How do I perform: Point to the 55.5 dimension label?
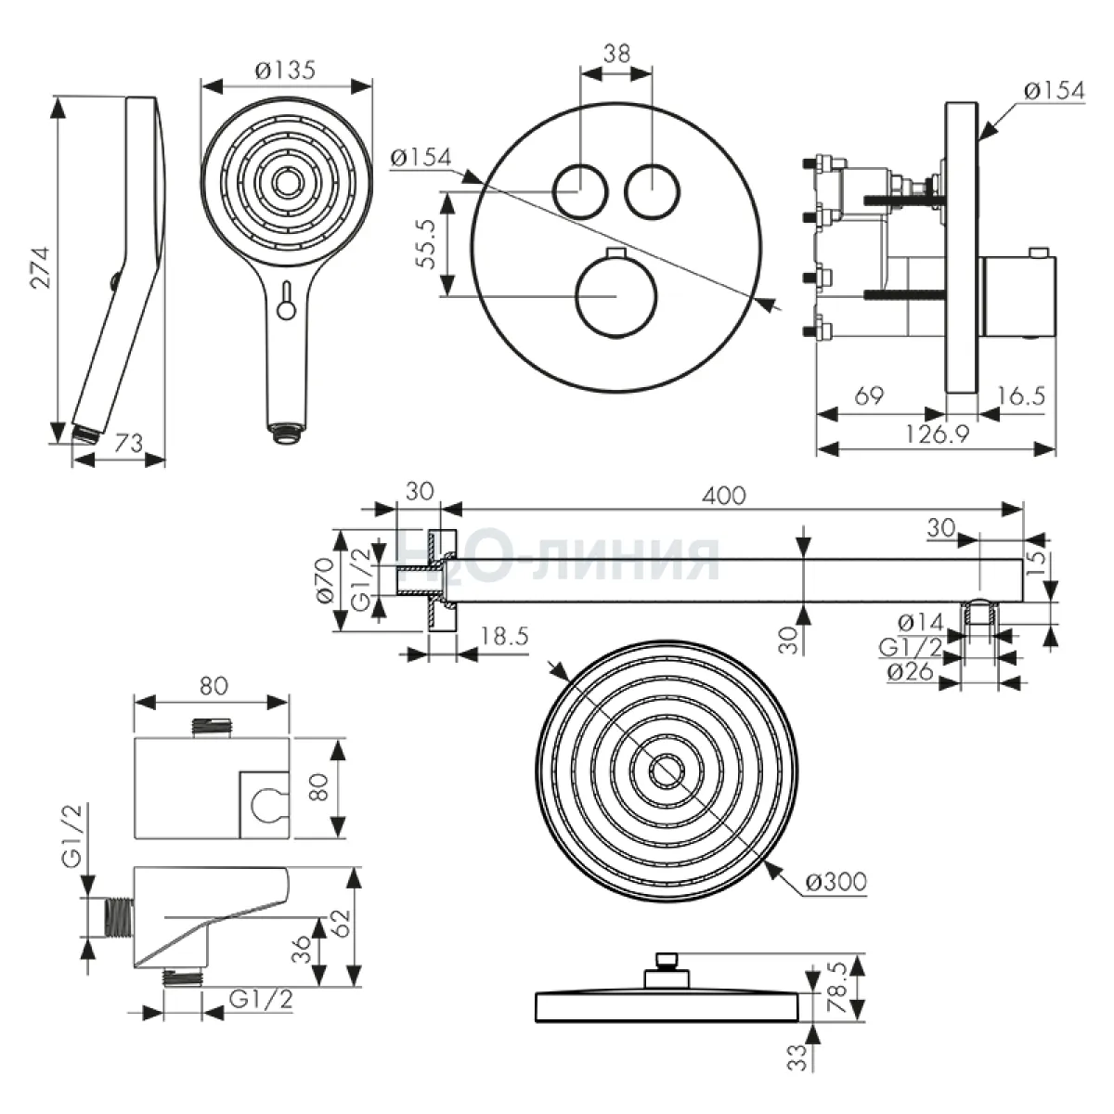point(425,244)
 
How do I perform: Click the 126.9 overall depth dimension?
point(937,434)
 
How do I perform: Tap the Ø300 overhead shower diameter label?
point(836,881)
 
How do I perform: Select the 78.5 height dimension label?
point(838,991)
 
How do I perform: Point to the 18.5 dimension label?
point(505,637)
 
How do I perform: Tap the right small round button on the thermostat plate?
point(652,189)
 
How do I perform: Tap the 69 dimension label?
point(868,396)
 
